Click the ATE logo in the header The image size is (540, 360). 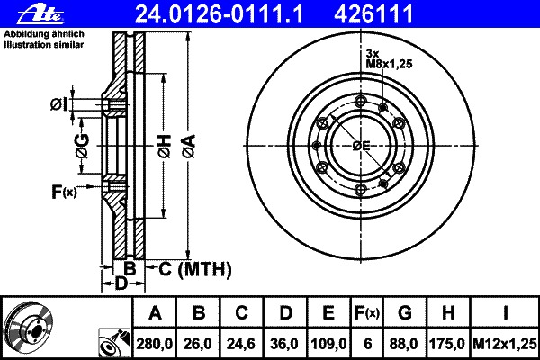tap(40, 13)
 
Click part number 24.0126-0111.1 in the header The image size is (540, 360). tap(219, 13)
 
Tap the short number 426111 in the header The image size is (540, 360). tap(373, 13)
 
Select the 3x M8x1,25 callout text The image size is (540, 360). tap(389, 58)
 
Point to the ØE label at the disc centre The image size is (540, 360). tap(361, 146)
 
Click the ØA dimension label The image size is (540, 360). tap(189, 146)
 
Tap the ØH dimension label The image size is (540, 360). tap(165, 147)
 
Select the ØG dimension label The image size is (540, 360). tap(82, 147)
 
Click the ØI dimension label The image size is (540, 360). tap(58, 104)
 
